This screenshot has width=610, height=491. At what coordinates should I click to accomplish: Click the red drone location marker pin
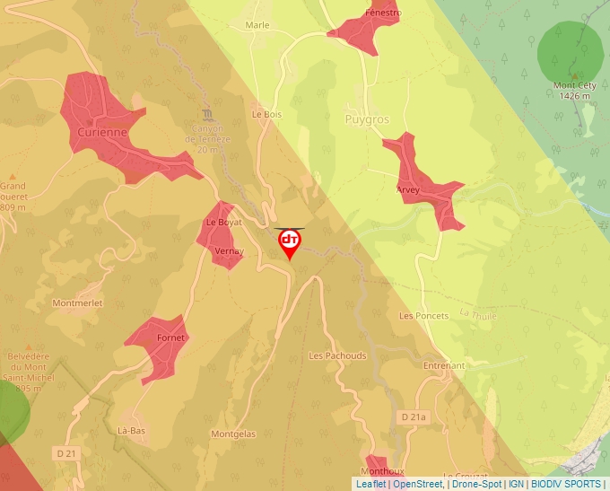point(290,243)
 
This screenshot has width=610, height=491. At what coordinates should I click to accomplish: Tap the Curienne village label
point(102,132)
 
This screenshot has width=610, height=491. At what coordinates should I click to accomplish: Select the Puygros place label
point(367,118)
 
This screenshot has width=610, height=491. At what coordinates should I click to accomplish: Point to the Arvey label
point(408,191)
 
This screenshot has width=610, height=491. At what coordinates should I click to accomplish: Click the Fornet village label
point(170,338)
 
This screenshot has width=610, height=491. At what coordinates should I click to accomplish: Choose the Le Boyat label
point(224,222)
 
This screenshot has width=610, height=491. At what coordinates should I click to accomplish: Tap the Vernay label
point(229,251)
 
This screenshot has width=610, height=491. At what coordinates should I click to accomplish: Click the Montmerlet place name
point(77,303)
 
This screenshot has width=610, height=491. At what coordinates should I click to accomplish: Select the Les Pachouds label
point(337,355)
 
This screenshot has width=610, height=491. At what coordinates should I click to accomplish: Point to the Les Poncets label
point(423,316)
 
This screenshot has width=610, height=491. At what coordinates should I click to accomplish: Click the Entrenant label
point(444,366)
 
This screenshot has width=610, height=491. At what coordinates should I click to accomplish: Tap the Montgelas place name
point(233,434)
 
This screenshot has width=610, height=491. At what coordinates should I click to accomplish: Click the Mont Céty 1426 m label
point(576,90)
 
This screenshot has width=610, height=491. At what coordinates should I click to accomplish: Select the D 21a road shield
point(414,417)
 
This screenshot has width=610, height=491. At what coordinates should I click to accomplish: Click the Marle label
point(257,25)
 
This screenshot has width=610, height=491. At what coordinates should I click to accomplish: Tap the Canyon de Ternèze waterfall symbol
point(209,116)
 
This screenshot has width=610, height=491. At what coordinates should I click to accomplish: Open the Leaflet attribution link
point(370,484)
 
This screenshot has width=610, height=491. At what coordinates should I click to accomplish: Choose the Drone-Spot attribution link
point(476,484)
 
